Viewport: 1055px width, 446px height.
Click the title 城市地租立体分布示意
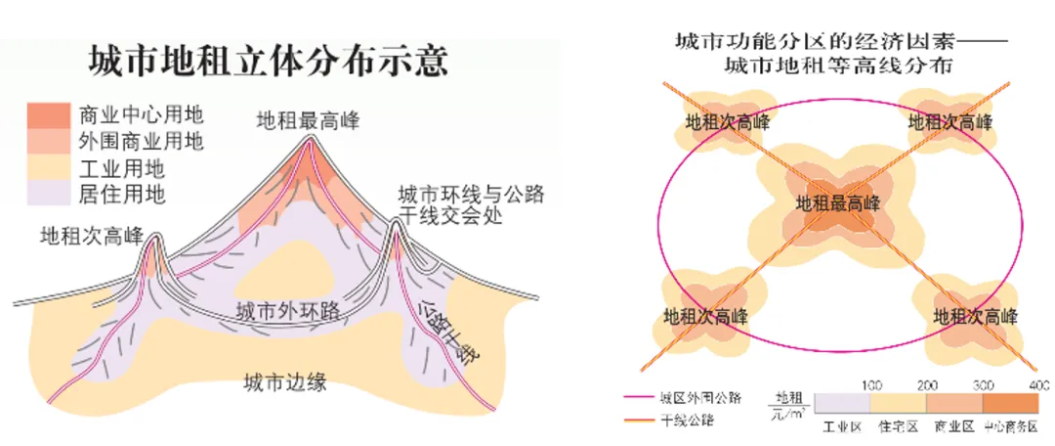click(268, 61)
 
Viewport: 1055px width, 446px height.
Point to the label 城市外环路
click(288, 311)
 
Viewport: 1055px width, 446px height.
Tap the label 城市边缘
click(284, 382)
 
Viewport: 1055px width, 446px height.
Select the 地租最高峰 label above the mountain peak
click(308, 120)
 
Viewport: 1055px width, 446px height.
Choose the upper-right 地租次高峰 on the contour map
click(949, 122)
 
